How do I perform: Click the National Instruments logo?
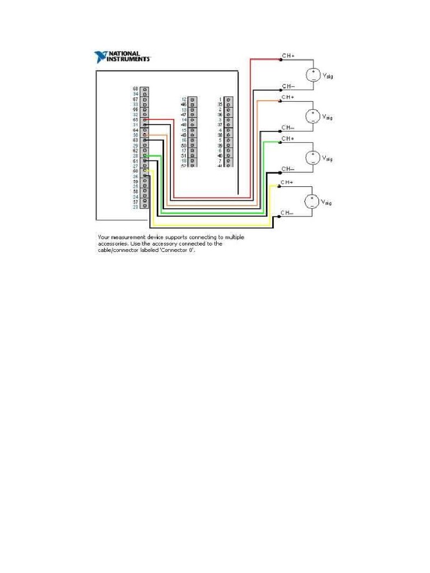tap(123, 57)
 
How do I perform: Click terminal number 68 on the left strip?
tap(135, 89)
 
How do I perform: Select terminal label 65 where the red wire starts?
tap(135, 120)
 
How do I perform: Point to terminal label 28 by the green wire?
tap(135, 156)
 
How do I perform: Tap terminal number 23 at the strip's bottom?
tap(135, 207)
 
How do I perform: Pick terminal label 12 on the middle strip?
tap(184, 99)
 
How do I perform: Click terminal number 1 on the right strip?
tap(221, 99)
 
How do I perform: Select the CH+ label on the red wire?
tap(288, 56)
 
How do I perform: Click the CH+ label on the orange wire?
tap(288, 97)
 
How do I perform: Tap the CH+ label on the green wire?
tap(288, 138)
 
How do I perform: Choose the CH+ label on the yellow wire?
tap(288, 182)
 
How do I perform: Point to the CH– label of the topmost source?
tap(288, 86)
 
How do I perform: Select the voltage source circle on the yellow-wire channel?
tap(312, 201)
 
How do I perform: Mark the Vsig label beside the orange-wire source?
tap(327, 118)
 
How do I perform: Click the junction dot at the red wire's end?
tap(280, 59)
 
